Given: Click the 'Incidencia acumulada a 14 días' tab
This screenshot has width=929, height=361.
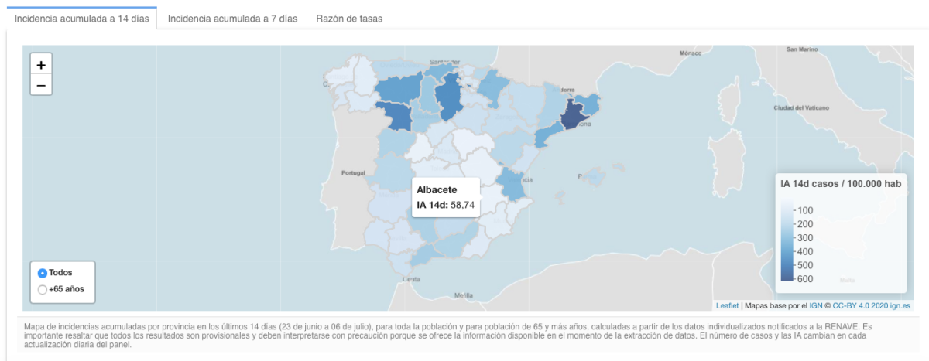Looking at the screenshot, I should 82,18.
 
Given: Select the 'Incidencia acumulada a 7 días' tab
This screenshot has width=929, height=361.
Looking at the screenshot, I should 232,18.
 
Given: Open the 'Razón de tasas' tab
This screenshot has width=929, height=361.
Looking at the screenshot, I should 349,18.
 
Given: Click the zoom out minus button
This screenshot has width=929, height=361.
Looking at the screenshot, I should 41,85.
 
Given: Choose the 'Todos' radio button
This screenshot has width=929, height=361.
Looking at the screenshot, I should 43,273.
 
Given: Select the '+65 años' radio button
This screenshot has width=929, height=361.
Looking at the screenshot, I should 43,290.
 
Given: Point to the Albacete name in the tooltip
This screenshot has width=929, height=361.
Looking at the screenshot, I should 437,190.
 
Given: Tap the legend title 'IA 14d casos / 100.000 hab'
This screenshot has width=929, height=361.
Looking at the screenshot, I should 840,183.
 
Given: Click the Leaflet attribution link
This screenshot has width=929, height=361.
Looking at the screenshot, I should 727,306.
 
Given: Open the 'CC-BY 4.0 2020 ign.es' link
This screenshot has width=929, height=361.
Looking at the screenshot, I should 872,306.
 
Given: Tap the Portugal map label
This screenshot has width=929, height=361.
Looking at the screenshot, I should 352,172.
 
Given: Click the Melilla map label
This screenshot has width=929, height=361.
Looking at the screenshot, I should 464,295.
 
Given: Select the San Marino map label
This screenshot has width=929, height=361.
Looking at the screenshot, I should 802,49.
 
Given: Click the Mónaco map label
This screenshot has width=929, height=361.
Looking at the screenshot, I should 689,53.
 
